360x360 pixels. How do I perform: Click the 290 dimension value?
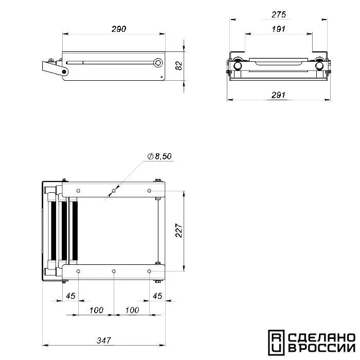click(x=119, y=29)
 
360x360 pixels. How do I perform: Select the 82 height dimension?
click(x=179, y=66)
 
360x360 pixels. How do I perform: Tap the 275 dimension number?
click(x=279, y=15)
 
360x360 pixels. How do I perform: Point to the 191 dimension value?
click(x=279, y=29)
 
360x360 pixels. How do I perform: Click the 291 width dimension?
click(x=279, y=95)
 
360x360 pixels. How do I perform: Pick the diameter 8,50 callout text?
click(x=159, y=156)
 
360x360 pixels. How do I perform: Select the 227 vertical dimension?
click(x=179, y=230)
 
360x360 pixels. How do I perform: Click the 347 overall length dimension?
click(x=104, y=340)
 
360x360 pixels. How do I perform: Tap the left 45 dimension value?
click(x=70, y=296)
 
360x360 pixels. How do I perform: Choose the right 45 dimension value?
click(x=157, y=296)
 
